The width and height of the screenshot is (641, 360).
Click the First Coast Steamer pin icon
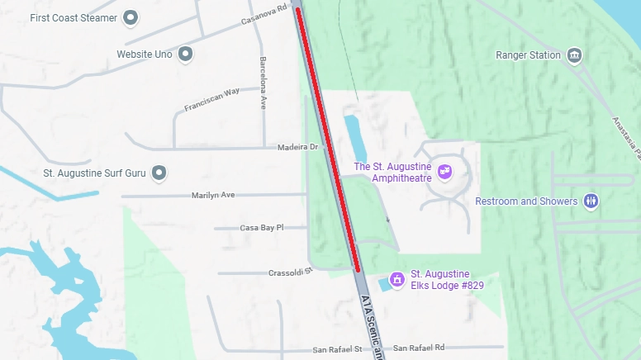point(131,17)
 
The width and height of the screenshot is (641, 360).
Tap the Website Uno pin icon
point(186,54)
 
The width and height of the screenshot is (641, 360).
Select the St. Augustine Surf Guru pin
point(161,173)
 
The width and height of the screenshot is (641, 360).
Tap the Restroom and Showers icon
point(591,201)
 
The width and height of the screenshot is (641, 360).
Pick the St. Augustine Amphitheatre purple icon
point(445,172)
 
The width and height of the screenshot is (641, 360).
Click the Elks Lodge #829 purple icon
point(397,279)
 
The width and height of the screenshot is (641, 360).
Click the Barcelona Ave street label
point(264,83)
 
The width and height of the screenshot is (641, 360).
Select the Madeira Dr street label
point(302,147)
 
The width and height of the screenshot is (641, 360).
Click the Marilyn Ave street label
point(213,195)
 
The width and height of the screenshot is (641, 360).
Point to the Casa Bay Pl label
point(261,227)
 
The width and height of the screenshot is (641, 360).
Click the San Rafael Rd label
point(419,348)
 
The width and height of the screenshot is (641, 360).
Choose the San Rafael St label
point(337,349)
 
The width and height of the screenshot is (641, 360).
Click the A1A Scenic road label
point(371,327)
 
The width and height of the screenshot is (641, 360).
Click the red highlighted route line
point(329,140)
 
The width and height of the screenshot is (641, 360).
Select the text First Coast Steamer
point(73,17)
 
